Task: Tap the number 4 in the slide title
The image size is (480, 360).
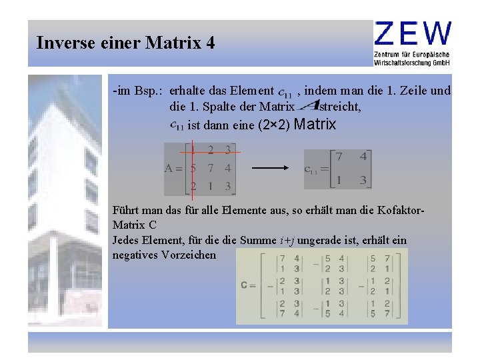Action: pos(211,44)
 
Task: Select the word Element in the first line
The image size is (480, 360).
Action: pos(251,91)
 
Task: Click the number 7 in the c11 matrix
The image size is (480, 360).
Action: pos(339,157)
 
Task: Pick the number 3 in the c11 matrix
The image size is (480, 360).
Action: pos(363,180)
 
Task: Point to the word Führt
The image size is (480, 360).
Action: pos(127,211)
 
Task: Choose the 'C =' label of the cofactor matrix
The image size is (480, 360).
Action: pos(248,285)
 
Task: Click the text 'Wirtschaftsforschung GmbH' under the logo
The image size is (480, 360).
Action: pos(413,62)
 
